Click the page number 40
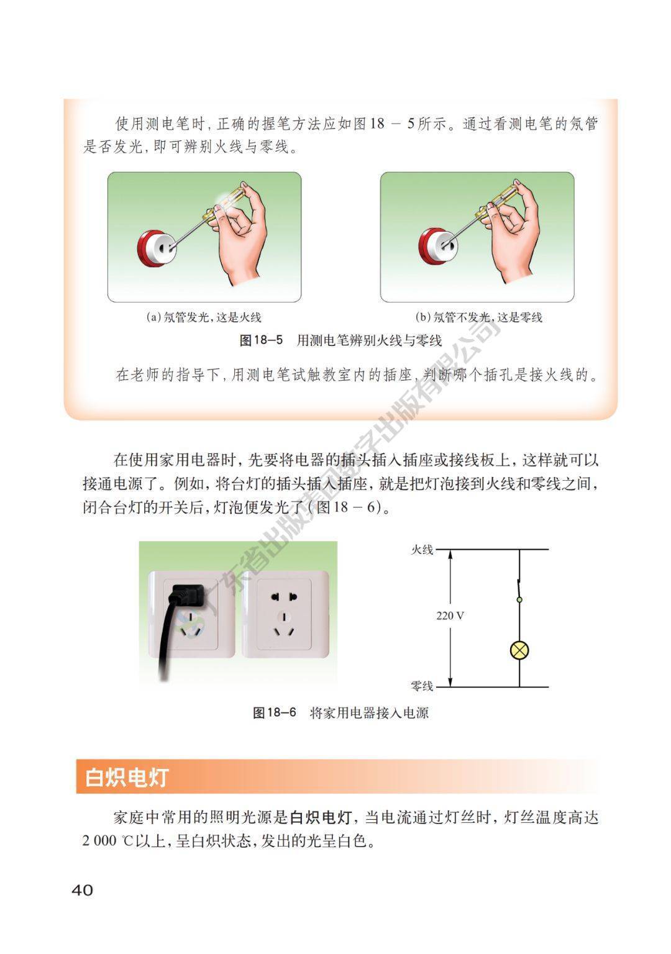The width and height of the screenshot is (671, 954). [x=82, y=889]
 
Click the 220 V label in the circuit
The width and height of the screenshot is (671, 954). [x=450, y=616]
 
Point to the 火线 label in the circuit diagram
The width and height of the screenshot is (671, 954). [x=422, y=550]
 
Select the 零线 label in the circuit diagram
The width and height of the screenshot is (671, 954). [x=422, y=686]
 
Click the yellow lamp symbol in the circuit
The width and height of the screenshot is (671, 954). [x=519, y=650]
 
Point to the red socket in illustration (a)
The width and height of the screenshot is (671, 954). [x=157, y=249]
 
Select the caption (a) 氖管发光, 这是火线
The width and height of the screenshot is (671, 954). [x=203, y=317]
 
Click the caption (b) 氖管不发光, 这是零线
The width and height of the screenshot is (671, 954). [x=478, y=317]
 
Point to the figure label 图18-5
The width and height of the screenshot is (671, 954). [x=261, y=340]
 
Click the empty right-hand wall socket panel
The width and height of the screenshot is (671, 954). [x=285, y=614]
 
